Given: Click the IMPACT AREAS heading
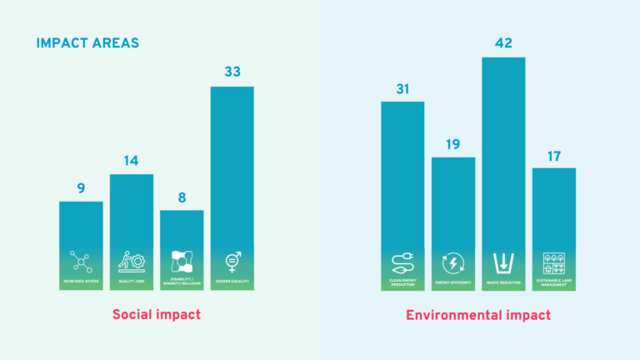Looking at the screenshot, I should (x=87, y=42).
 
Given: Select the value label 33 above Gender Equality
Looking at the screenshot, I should (x=232, y=72).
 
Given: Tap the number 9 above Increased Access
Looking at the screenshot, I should (x=81, y=188).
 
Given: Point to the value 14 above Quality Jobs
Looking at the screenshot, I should (x=132, y=161).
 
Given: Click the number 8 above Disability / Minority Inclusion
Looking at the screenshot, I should (x=182, y=197).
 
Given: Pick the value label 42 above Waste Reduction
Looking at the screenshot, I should (x=503, y=43).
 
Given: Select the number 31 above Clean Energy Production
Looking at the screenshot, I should (x=402, y=88).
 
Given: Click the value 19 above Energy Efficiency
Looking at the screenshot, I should (x=453, y=144).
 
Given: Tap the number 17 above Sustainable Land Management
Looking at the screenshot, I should (x=553, y=155).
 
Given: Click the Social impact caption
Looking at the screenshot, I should (x=157, y=315).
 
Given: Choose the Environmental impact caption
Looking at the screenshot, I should (x=478, y=315).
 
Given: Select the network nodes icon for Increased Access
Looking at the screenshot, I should (x=81, y=262).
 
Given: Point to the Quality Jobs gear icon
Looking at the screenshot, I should (x=132, y=262).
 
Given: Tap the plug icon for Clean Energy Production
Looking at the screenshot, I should (x=402, y=262).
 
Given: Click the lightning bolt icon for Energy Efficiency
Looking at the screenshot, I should (x=453, y=262).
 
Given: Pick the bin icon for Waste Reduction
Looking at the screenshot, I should (x=503, y=262).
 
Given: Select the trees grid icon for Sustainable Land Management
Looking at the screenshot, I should (x=553, y=262).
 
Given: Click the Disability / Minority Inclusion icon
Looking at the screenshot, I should (x=182, y=261).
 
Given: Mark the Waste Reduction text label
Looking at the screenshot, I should (x=503, y=282).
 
